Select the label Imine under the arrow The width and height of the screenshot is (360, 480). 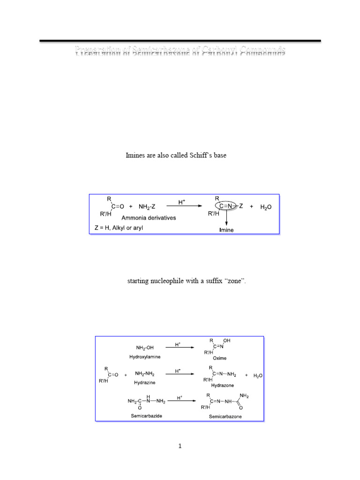point(226,230)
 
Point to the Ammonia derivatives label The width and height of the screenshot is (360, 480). point(145,218)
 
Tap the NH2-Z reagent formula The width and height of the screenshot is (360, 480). point(149,206)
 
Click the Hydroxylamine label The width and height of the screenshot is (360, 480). point(145,357)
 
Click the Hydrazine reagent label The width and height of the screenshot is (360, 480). point(145,382)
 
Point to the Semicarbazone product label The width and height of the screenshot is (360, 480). point(225,417)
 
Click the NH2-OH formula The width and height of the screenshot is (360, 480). point(145,348)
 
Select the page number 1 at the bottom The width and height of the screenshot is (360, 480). point(180,446)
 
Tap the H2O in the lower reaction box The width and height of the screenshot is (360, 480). point(258,375)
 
